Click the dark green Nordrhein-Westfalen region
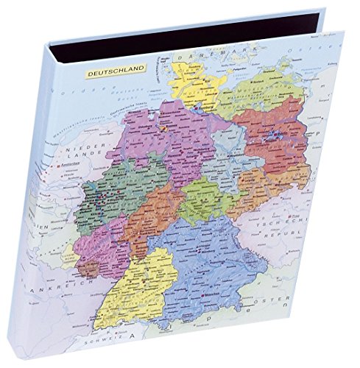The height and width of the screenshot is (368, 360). coord(103,184)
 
